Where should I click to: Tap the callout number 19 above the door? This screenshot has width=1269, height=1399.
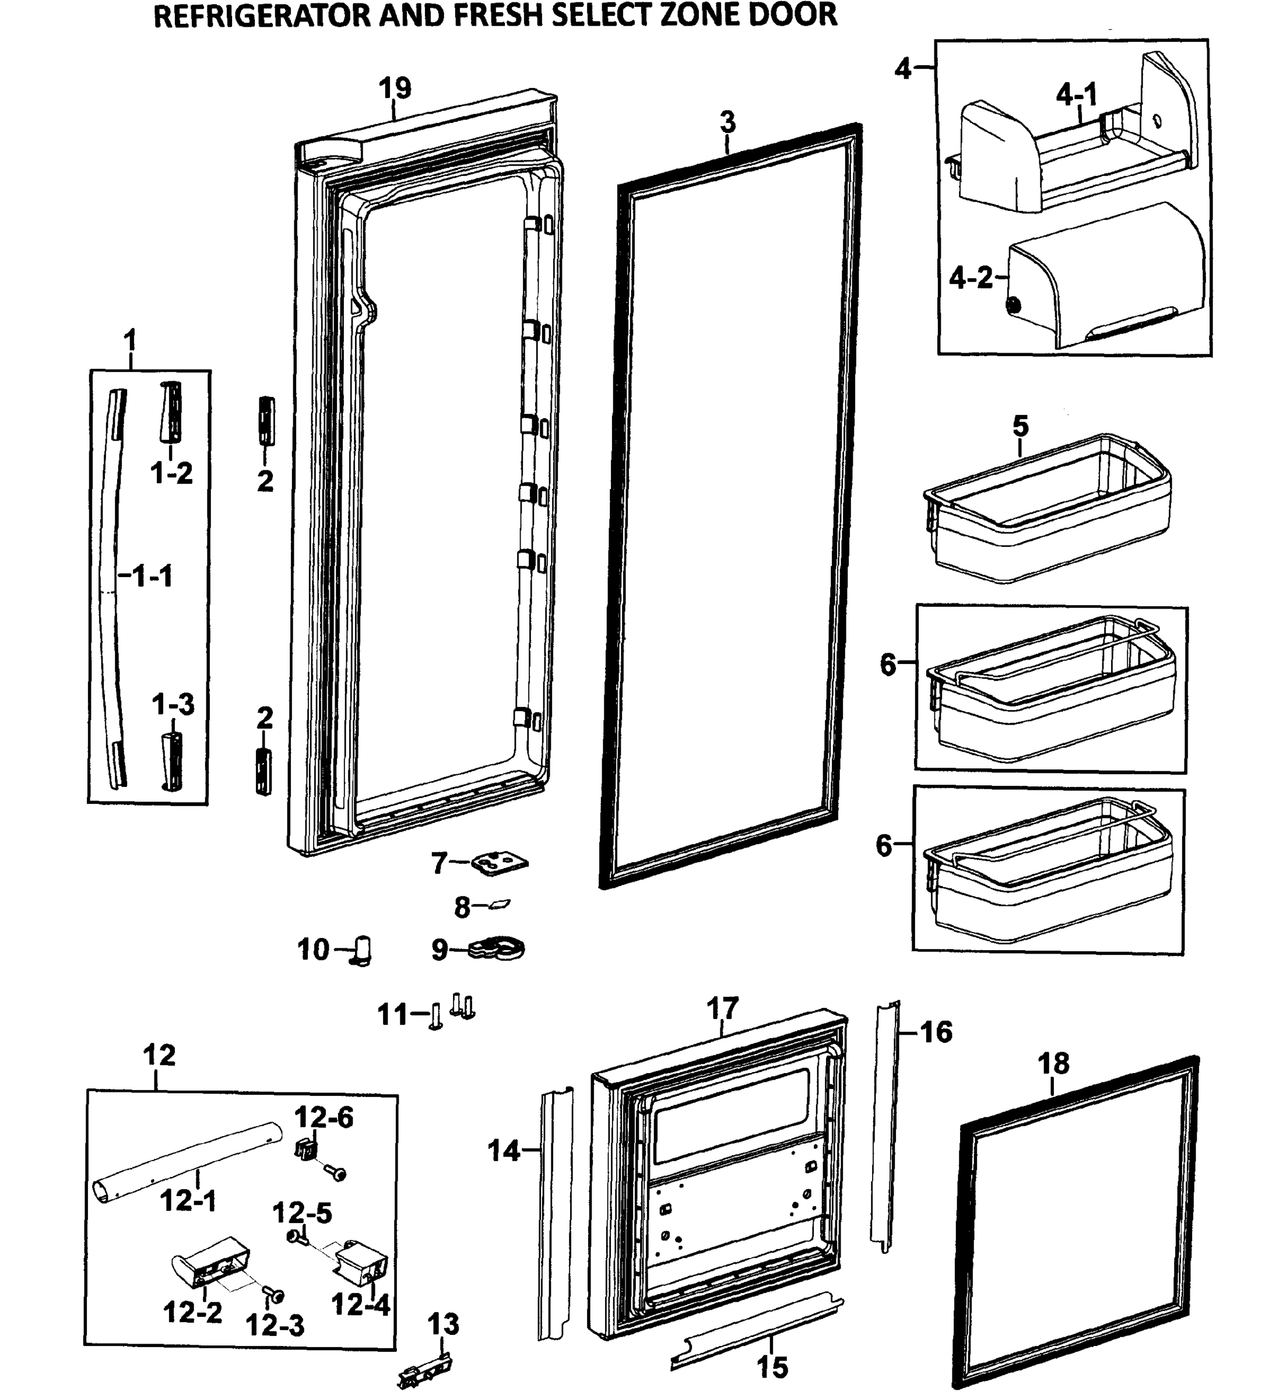[x=395, y=88]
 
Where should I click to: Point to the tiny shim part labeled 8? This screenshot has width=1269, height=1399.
[x=500, y=904]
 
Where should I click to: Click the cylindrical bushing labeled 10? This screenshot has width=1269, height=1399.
[x=363, y=950]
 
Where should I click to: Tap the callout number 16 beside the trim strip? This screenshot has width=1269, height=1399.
[x=936, y=1032]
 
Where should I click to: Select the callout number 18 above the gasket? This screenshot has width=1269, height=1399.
[x=1053, y=1063]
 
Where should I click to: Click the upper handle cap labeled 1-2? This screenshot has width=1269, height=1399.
[x=171, y=410]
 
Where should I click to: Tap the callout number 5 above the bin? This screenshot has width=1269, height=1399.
[x=1020, y=426]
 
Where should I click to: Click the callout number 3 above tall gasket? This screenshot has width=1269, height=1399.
[x=726, y=122]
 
